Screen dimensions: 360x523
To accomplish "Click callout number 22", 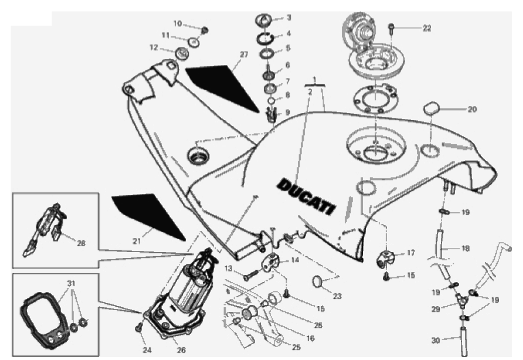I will click(x=427, y=27).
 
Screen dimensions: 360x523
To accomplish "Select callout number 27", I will click(x=244, y=54).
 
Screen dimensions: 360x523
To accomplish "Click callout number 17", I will click(x=410, y=254).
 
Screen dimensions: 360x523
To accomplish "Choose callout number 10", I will click(x=178, y=23).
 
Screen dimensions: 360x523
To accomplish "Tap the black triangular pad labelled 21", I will click(x=147, y=215).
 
